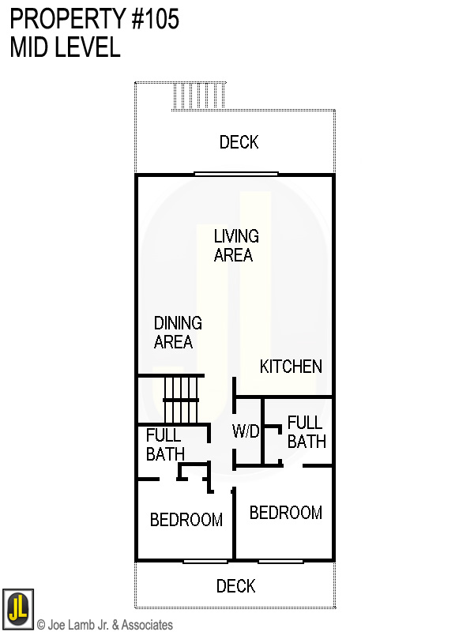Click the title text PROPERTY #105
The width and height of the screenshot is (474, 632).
95,20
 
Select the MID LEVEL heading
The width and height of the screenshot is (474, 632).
66,47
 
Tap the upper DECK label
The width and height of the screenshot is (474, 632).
239,142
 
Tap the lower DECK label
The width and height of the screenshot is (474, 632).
235,586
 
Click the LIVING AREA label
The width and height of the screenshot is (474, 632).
235,246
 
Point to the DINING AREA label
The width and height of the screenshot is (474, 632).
177,333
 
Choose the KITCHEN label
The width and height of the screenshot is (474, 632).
291,367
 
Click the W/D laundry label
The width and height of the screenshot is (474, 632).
246,431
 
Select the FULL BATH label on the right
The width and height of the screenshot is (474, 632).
307,432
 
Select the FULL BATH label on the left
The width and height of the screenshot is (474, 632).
164,445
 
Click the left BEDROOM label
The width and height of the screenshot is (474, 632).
186,520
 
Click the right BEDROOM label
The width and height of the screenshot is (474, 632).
285,513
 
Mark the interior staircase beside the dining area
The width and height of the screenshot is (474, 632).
181,400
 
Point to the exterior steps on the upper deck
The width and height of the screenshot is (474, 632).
199,96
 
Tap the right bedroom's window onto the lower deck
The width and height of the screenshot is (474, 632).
280,561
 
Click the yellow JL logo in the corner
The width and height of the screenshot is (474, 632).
17,609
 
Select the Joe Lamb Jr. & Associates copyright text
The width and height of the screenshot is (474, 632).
104,625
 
